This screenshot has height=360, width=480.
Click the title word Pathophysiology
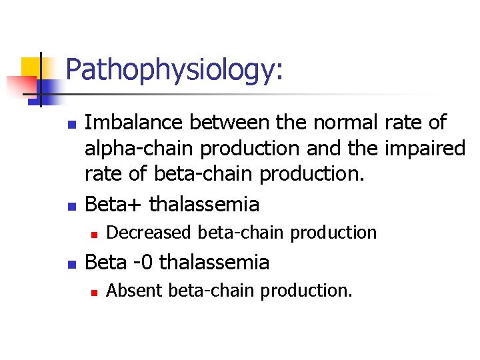[175, 71]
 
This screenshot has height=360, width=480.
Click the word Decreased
[151, 233]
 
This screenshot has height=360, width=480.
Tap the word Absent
[135, 291]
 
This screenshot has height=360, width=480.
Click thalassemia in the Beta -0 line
[215, 262]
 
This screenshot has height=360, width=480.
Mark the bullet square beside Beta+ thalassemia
[73, 205]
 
